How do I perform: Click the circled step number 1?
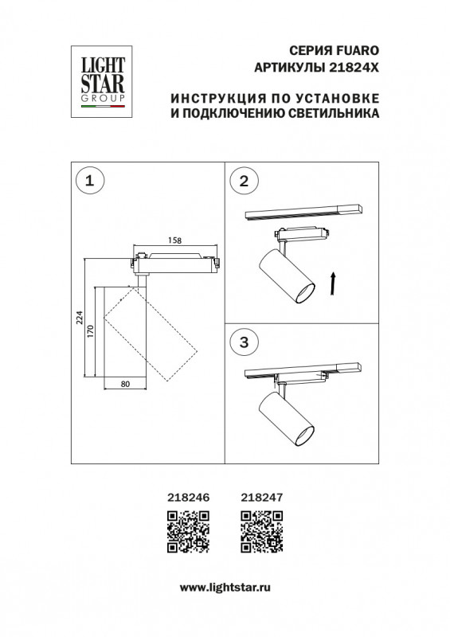pyautogui.click(x=89, y=182)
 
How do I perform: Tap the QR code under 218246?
pyautogui.click(x=188, y=532)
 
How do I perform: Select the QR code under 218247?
pyautogui.click(x=261, y=532)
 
